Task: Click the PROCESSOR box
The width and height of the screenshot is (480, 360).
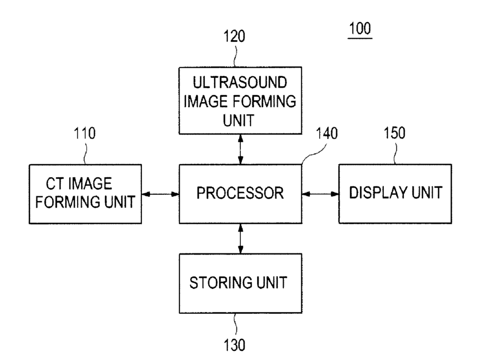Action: point(240,193)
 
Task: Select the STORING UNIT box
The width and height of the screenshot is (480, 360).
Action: point(240,283)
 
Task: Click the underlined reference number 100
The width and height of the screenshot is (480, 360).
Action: point(361,28)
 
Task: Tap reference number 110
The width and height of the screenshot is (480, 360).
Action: point(84,134)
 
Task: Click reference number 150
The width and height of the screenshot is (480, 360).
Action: point(394,134)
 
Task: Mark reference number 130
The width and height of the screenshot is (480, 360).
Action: point(234,344)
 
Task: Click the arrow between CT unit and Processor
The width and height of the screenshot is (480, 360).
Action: point(160,194)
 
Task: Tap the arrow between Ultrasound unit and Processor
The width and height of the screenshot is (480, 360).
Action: point(240,148)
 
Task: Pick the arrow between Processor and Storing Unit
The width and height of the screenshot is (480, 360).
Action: point(240,238)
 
